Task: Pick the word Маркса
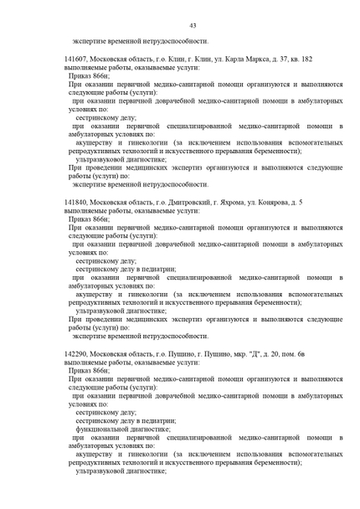pyautogui.click(x=273, y=59)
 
